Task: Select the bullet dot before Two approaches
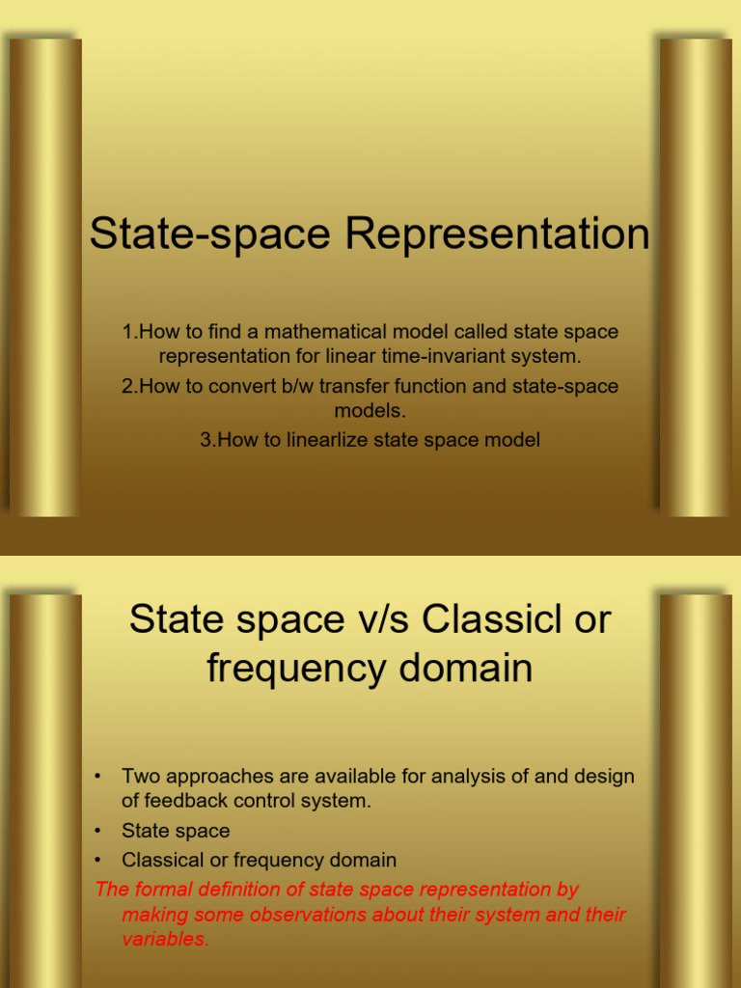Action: tap(97, 776)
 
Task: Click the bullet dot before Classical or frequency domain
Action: tap(97, 859)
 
